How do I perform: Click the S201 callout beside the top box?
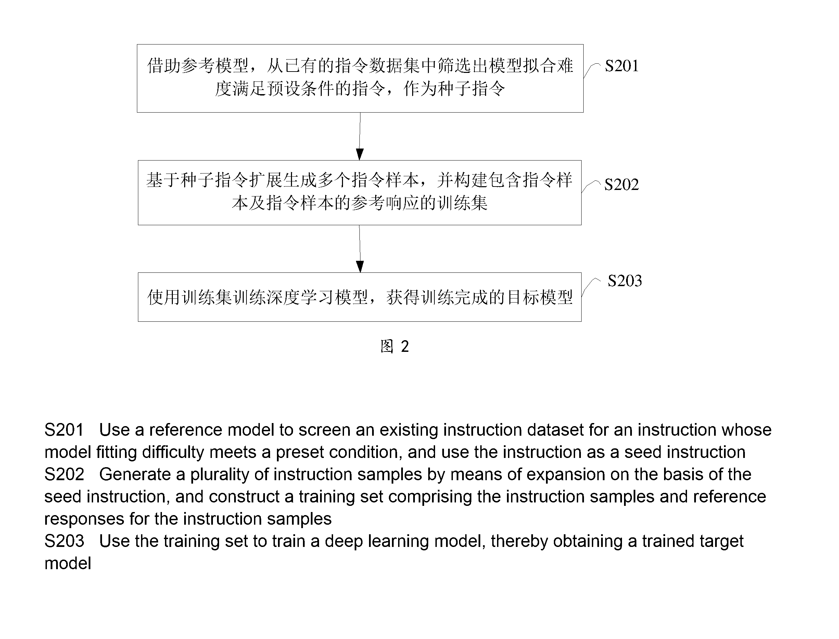[621, 66]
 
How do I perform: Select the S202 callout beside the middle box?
[621, 184]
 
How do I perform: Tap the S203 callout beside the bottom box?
[624, 281]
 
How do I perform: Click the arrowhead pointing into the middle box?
[360, 154]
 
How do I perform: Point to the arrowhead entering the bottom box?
[360, 267]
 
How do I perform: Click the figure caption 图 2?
[394, 346]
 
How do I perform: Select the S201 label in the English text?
[64, 430]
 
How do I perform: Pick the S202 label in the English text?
[64, 474]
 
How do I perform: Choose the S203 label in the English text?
[64, 541]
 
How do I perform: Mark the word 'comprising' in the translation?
[431, 497]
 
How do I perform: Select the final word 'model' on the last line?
[68, 563]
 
